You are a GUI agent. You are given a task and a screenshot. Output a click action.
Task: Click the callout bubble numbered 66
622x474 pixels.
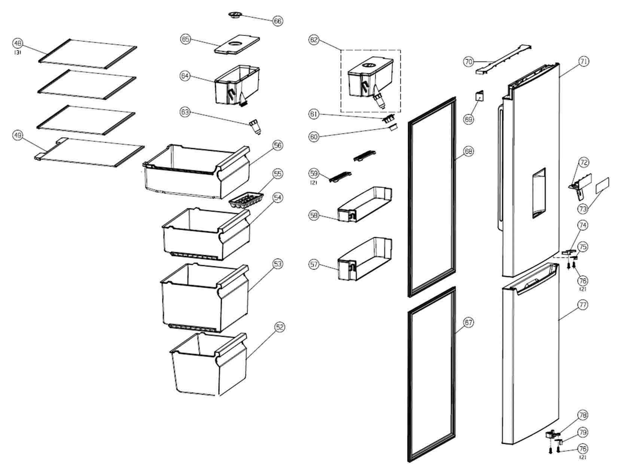coord(277,21)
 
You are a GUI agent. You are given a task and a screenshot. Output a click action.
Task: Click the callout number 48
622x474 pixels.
coord(18,43)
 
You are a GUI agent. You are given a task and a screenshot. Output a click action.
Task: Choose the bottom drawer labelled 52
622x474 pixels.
coord(208,364)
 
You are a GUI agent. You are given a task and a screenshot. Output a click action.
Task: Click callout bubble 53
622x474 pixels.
coord(277,264)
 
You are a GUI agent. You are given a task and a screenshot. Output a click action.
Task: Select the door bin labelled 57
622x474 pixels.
coord(363,259)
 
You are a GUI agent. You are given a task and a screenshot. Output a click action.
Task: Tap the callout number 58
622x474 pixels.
coord(314,215)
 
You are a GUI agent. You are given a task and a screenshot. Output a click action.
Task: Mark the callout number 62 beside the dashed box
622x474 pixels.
coord(314,40)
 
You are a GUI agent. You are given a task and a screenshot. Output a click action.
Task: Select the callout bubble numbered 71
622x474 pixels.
coord(583,61)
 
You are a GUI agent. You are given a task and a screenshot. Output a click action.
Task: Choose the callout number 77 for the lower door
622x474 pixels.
coord(582,305)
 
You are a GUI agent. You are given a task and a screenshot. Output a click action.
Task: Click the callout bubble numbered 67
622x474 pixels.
coord(468,322)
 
